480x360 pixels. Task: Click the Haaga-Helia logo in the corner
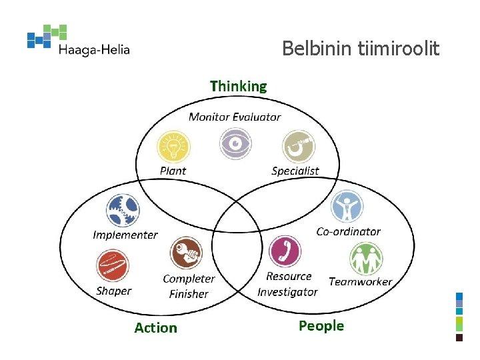click(78, 41)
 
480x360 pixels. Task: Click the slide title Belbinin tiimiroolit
click(360, 49)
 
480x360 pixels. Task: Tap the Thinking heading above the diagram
click(238, 86)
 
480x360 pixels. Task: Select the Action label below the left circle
click(155, 327)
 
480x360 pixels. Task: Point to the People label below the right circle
click(321, 325)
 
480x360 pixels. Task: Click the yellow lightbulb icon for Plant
click(173, 146)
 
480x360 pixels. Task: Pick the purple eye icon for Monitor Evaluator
click(235, 143)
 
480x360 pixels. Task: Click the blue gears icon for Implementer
click(123, 210)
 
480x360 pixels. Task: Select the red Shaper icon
click(111, 266)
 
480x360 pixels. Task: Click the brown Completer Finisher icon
click(186, 253)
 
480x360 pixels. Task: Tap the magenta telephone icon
click(285, 252)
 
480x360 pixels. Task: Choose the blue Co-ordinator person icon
click(347, 207)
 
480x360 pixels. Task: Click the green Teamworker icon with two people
click(366, 259)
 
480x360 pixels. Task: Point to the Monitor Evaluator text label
click(235, 117)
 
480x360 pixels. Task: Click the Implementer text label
click(125, 235)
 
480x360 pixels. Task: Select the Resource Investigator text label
click(288, 284)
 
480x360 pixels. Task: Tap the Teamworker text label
click(360, 281)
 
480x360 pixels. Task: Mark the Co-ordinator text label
click(348, 231)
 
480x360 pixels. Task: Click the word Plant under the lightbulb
click(173, 171)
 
